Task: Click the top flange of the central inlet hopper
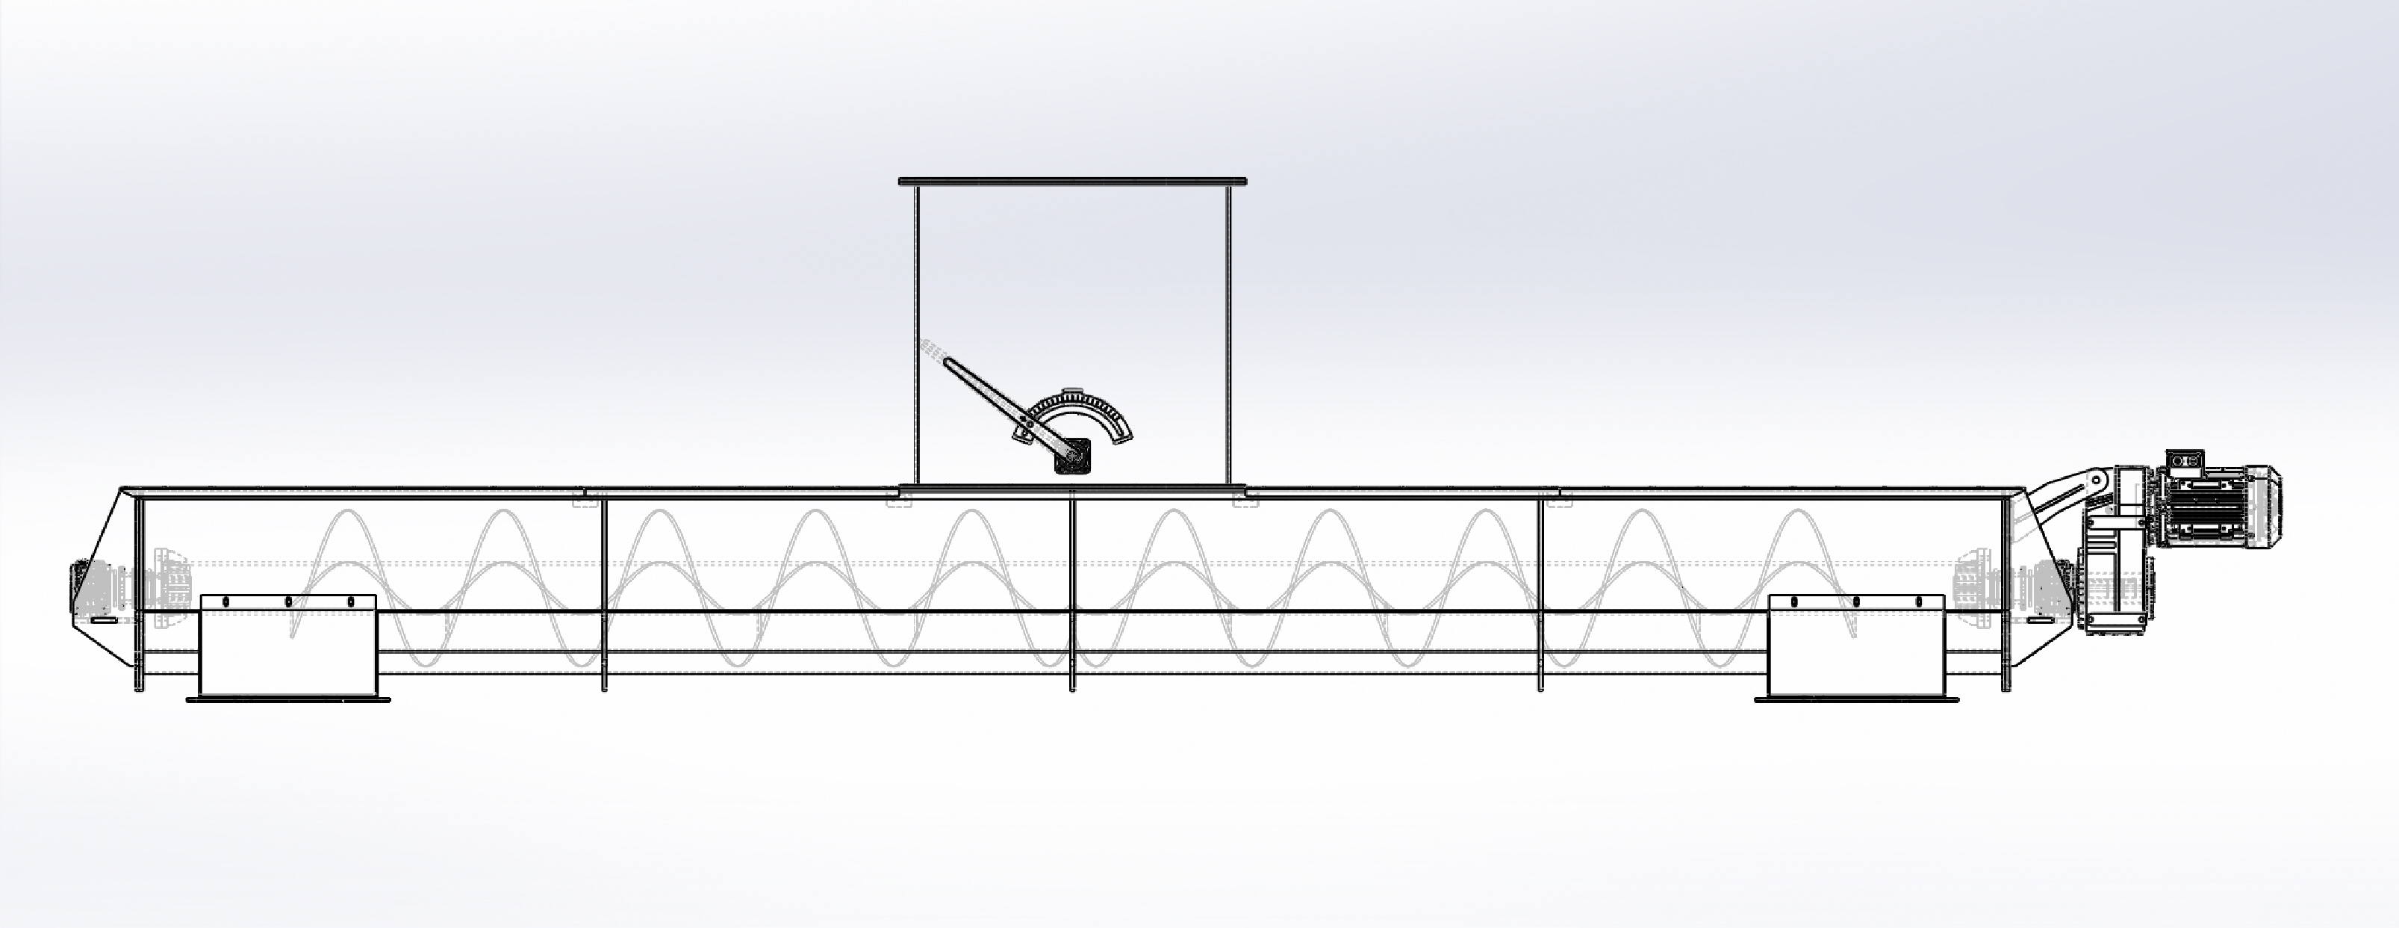pos(1072,181)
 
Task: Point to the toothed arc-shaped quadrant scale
pos(1080,410)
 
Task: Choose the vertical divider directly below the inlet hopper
pos(1073,596)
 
